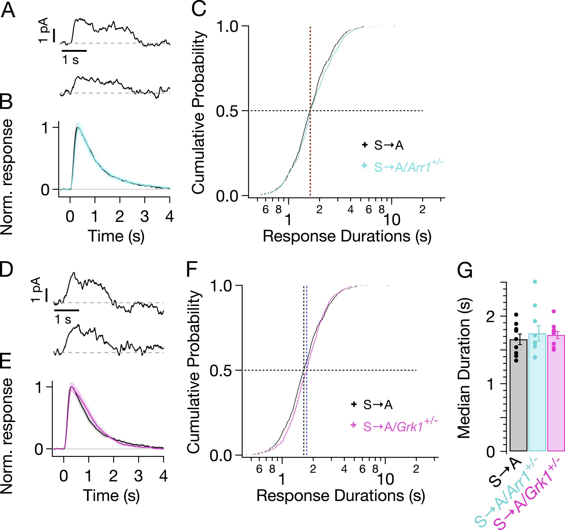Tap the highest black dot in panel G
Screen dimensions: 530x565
[516, 314]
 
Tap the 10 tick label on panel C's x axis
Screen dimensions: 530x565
[392, 220]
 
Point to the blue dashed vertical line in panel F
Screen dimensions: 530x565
[307, 412]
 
